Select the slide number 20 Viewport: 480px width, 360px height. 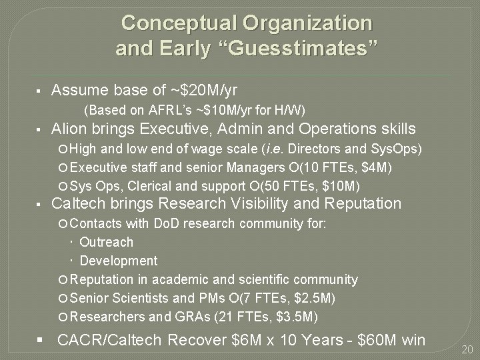coord(467,349)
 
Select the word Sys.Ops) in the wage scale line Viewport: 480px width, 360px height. coord(399,147)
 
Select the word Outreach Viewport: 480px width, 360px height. coord(107,242)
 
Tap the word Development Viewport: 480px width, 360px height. coord(119,261)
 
